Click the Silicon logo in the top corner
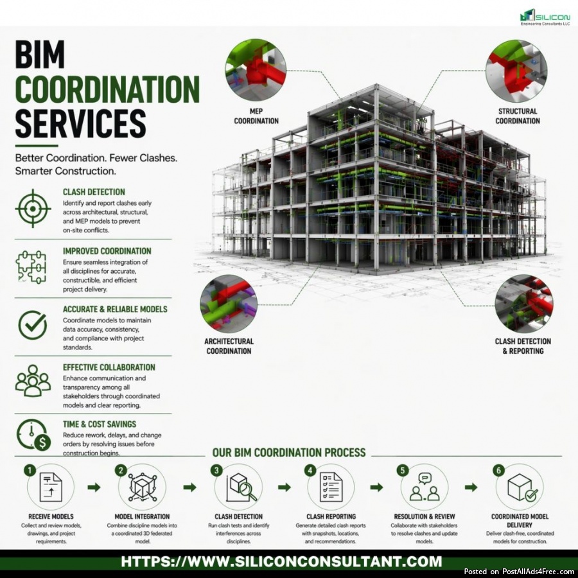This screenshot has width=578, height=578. (x=545, y=17)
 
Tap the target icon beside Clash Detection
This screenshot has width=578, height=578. (x=33, y=209)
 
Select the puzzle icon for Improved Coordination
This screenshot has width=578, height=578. (x=31, y=267)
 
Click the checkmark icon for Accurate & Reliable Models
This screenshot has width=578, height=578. (x=33, y=325)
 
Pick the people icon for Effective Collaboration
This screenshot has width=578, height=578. (x=33, y=381)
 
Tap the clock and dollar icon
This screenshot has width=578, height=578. (x=33, y=435)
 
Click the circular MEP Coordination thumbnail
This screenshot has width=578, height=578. (x=256, y=70)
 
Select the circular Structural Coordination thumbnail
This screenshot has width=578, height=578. (x=516, y=71)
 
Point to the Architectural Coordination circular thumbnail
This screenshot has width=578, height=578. (x=229, y=304)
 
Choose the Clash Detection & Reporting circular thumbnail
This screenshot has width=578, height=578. (x=524, y=304)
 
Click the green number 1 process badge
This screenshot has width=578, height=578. (x=30, y=470)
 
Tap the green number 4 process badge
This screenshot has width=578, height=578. (x=310, y=470)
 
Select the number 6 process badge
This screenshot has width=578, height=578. (x=499, y=470)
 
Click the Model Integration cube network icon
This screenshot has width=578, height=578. (x=143, y=487)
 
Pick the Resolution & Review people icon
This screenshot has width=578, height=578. (x=425, y=487)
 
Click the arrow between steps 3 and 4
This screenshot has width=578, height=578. (x=285, y=487)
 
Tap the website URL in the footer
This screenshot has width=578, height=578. (x=281, y=562)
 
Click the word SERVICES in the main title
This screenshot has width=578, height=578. (x=80, y=123)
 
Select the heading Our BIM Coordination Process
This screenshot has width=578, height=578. (x=289, y=452)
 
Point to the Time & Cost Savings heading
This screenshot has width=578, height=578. (x=100, y=425)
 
